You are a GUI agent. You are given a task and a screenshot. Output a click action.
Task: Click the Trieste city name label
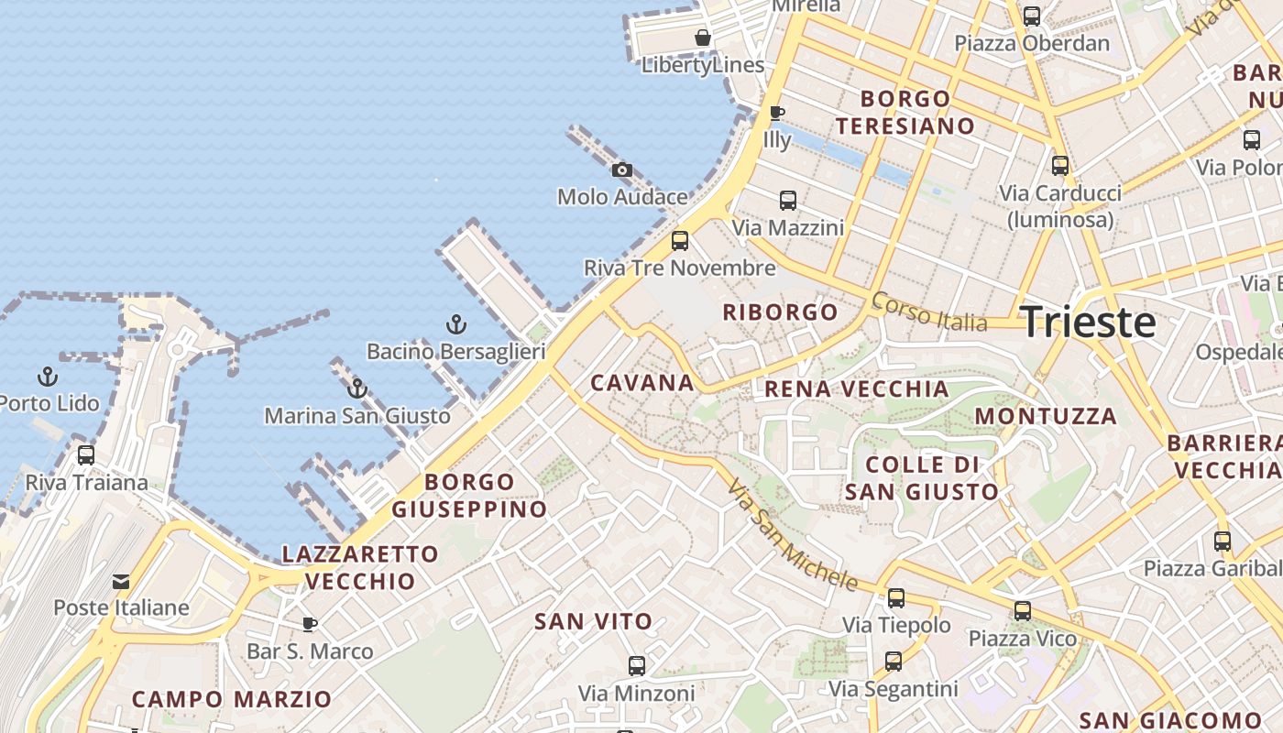pyautogui.click(x=1088, y=322)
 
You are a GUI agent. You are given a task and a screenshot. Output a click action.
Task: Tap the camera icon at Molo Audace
pyautogui.click(x=622, y=170)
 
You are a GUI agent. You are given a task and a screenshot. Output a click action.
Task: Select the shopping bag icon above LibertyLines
pyautogui.click(x=702, y=38)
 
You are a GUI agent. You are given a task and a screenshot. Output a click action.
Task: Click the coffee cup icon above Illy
pyautogui.click(x=776, y=113)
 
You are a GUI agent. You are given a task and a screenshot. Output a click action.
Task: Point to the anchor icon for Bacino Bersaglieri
pyautogui.click(x=455, y=323)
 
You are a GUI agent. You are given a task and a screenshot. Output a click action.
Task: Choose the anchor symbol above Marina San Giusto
pyautogui.click(x=357, y=388)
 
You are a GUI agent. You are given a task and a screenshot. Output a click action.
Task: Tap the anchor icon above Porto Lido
pyautogui.click(x=47, y=376)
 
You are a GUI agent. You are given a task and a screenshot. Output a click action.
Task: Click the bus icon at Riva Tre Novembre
pyautogui.click(x=679, y=241)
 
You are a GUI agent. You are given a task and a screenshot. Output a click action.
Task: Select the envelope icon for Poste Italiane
pyautogui.click(x=121, y=581)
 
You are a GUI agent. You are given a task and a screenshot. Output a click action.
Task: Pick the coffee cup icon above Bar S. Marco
pyautogui.click(x=310, y=624)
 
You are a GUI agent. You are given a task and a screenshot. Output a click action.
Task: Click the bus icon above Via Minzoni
pyautogui.click(x=636, y=666)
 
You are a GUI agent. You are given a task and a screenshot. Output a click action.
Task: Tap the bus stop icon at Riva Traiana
pyautogui.click(x=86, y=454)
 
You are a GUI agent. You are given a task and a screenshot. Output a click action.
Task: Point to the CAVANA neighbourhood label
pyautogui.click(x=641, y=383)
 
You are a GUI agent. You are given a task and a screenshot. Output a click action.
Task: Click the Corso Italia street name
pyautogui.click(x=929, y=312)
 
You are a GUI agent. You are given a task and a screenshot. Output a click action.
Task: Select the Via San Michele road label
pyautogui.click(x=794, y=534)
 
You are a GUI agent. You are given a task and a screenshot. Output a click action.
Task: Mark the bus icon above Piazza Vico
pyautogui.click(x=1023, y=611)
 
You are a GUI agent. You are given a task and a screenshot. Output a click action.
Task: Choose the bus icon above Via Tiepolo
pyautogui.click(x=896, y=598)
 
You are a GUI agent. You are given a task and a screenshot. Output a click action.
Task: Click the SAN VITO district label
pyautogui.click(x=593, y=621)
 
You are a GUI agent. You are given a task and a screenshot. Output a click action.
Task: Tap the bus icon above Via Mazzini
pyautogui.click(x=787, y=200)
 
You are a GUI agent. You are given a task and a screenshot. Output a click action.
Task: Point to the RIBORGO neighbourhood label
pyautogui.click(x=780, y=312)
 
